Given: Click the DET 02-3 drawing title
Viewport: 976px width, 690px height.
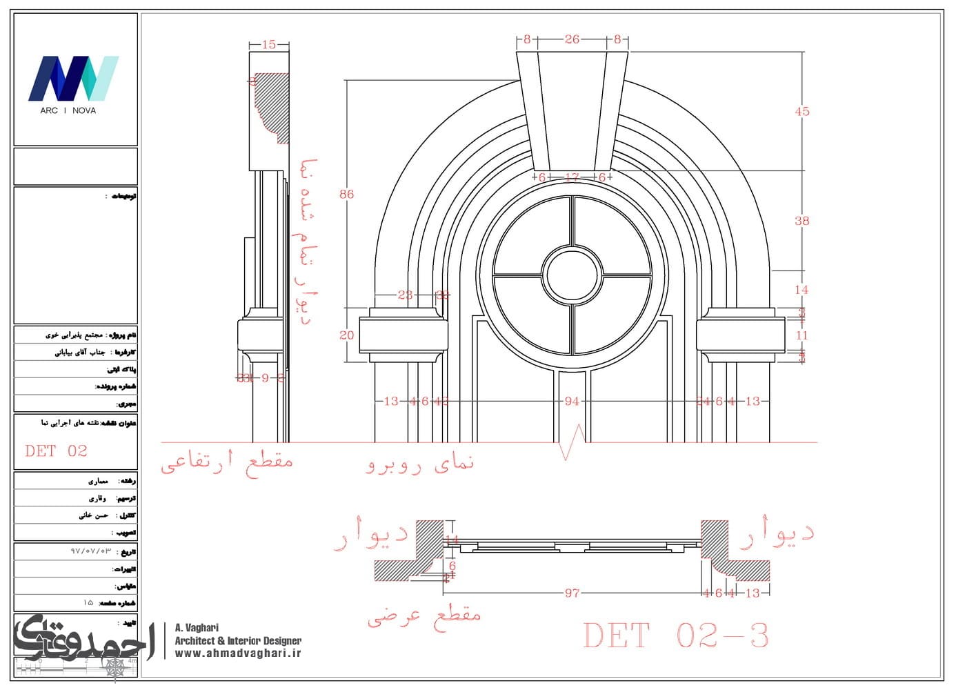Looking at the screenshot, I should [675, 635].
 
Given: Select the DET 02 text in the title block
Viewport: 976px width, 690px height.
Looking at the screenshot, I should [57, 451].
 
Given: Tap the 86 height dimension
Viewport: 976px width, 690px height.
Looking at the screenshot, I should [346, 195].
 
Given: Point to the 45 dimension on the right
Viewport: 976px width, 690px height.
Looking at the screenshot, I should [801, 112].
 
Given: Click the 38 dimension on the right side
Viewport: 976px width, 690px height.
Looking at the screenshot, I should [801, 221].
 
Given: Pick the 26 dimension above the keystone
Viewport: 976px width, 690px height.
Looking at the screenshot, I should [572, 39].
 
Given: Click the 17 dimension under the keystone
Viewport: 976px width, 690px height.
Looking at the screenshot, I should [572, 177].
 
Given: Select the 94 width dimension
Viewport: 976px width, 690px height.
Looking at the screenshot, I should [572, 401].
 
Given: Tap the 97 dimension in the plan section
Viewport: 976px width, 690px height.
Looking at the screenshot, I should [572, 593].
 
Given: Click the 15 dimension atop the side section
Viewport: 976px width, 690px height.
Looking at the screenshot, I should [268, 45].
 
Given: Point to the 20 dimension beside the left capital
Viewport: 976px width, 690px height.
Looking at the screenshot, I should [346, 335].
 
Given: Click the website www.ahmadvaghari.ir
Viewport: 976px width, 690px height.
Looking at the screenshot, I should [238, 653].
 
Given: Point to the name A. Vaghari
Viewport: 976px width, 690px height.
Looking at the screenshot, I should [197, 628].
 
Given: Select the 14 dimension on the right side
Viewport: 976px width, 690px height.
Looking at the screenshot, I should [801, 290].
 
